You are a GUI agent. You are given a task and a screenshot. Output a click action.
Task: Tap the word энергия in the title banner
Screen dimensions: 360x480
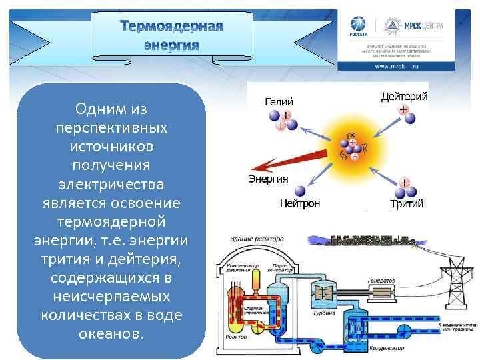point(172,45)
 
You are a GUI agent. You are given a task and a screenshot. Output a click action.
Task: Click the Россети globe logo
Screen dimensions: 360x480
point(356,26)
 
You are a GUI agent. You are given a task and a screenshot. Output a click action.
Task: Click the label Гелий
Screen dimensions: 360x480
point(279,102)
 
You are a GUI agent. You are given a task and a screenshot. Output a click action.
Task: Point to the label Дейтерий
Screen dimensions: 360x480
point(404,97)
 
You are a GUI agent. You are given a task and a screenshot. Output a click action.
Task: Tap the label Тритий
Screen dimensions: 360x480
point(406,203)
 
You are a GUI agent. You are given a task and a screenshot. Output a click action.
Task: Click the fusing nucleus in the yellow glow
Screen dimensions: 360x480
point(351,148)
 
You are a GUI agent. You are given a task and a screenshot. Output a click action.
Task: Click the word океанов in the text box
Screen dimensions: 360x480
point(111,332)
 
